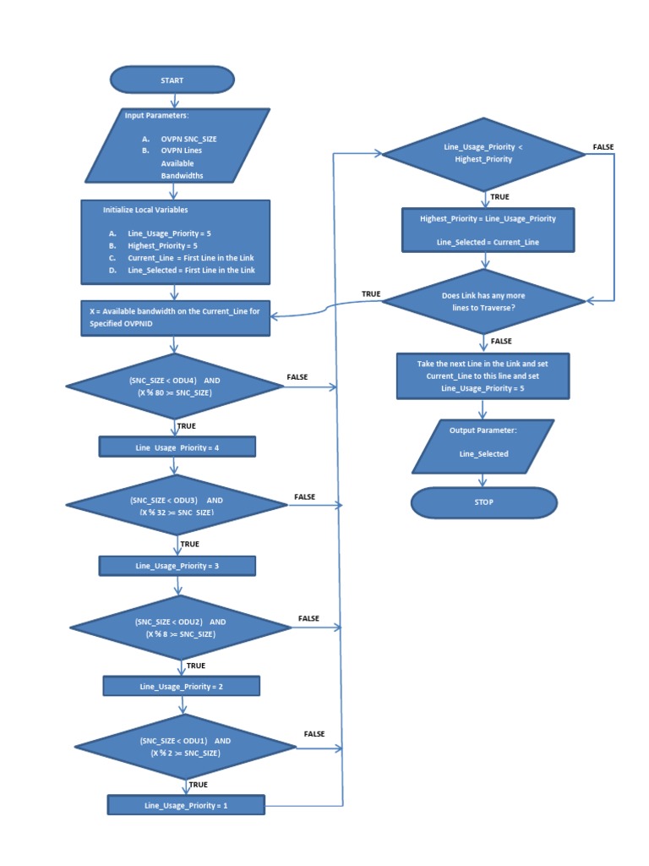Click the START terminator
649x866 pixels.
pyautogui.click(x=172, y=80)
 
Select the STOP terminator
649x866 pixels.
pyautogui.click(x=483, y=502)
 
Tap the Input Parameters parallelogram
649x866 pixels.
pyautogui.click(x=177, y=145)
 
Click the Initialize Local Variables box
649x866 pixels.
pyautogui.click(x=176, y=242)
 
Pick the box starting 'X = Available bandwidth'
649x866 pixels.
pyautogui.click(x=176, y=317)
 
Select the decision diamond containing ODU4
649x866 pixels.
pyautogui.click(x=175, y=386)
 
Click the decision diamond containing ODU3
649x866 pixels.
pyautogui.click(x=177, y=506)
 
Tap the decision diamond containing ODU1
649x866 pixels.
pyautogui.click(x=184, y=747)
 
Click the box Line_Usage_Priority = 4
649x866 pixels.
pyautogui.click(x=177, y=447)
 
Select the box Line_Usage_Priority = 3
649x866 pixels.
pyautogui.click(x=177, y=565)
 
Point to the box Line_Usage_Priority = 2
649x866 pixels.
pyautogui.click(x=181, y=686)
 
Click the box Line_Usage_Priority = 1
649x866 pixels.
pyautogui.click(x=185, y=805)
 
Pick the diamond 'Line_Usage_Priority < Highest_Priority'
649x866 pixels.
pyautogui.click(x=483, y=153)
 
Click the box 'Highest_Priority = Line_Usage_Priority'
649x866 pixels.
pyautogui.click(x=488, y=230)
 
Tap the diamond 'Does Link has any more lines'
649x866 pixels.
pyautogui.click(x=483, y=302)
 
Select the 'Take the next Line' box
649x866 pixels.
pyautogui.click(x=483, y=375)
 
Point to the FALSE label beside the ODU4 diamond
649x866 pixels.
pyautogui.click(x=297, y=377)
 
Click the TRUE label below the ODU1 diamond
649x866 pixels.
pyautogui.click(x=198, y=785)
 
